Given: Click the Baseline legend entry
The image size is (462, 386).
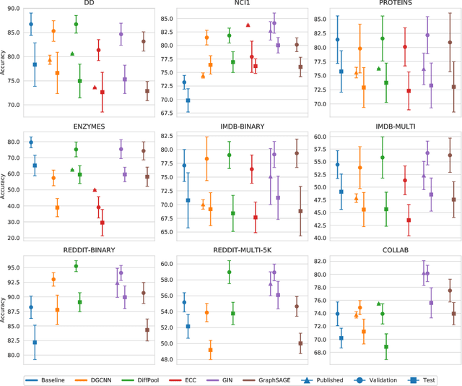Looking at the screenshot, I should [x=50, y=379].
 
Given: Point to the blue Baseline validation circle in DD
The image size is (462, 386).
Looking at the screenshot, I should [x=31, y=24].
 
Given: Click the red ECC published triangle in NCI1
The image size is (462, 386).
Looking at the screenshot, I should [x=248, y=25].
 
